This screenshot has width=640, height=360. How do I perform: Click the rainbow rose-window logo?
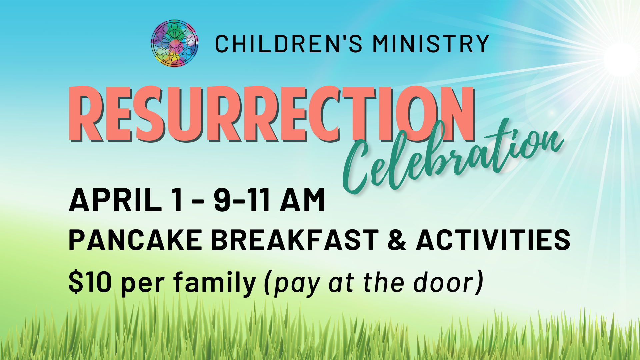pos(174,43)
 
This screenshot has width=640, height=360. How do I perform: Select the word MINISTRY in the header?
pos(431,44)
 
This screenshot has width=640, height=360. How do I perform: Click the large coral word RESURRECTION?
pos(272,114)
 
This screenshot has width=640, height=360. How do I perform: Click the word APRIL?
pos(115,200)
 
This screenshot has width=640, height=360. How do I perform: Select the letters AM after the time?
pos(302,200)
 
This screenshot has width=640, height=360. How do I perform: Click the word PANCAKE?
pos(135,240)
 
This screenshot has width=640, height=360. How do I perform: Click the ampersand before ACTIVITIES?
pos(397,240)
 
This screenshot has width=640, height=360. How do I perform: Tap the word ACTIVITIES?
pos(493,240)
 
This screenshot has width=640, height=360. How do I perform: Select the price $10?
pos(90,282)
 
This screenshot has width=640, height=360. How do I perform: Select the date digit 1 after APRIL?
pos(178,200)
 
